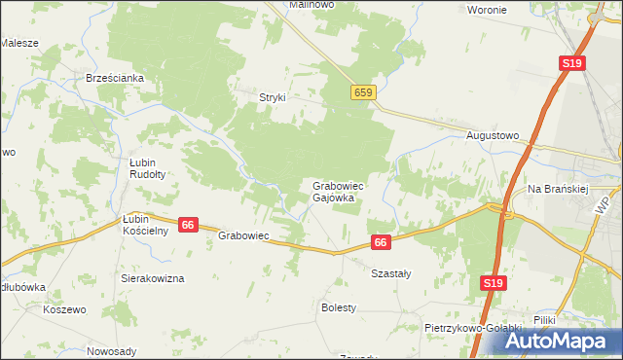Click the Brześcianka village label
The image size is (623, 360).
tap(115, 79)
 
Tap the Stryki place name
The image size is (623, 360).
tap(272, 96)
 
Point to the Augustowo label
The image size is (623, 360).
tap(494, 135)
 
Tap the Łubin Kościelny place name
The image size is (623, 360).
tap(147, 225)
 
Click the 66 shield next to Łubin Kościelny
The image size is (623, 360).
tap(189, 225)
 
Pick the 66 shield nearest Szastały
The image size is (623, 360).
tap(381, 242)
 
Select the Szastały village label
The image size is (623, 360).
tap(391, 273)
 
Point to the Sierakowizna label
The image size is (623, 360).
tap(152, 278)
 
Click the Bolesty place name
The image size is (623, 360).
tap(339, 307)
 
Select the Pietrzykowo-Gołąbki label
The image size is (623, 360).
tap(474, 328)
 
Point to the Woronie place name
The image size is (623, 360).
tap(487, 10)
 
